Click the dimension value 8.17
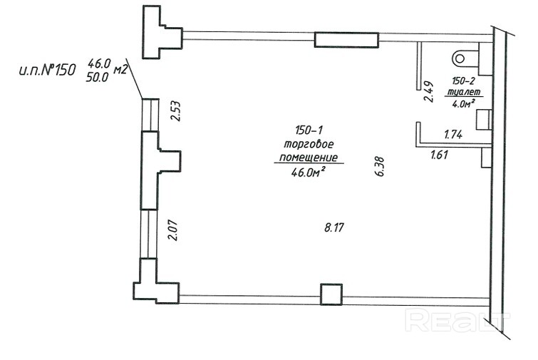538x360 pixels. (x=334, y=227)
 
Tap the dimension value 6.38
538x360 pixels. (x=380, y=166)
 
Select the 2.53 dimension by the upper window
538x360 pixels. (x=176, y=110)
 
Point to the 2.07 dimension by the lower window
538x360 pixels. (x=174, y=230)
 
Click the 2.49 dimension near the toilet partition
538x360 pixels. (x=428, y=92)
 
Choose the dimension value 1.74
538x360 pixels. (x=453, y=134)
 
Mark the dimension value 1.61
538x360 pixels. (x=439, y=155)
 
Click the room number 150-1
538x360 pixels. (x=309, y=130)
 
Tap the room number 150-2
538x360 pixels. (x=463, y=81)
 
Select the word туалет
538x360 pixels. (x=463, y=92)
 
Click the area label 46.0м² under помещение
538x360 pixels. (x=308, y=172)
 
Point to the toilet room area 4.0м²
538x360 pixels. (x=463, y=103)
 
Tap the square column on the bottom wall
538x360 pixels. (x=331, y=294)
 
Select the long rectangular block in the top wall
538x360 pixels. (x=346, y=40)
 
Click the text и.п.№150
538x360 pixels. (x=47, y=71)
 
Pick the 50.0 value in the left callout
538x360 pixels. (x=97, y=77)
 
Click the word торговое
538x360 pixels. (x=309, y=144)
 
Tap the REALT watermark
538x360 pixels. (x=457, y=320)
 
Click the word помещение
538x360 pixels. (x=309, y=158)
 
